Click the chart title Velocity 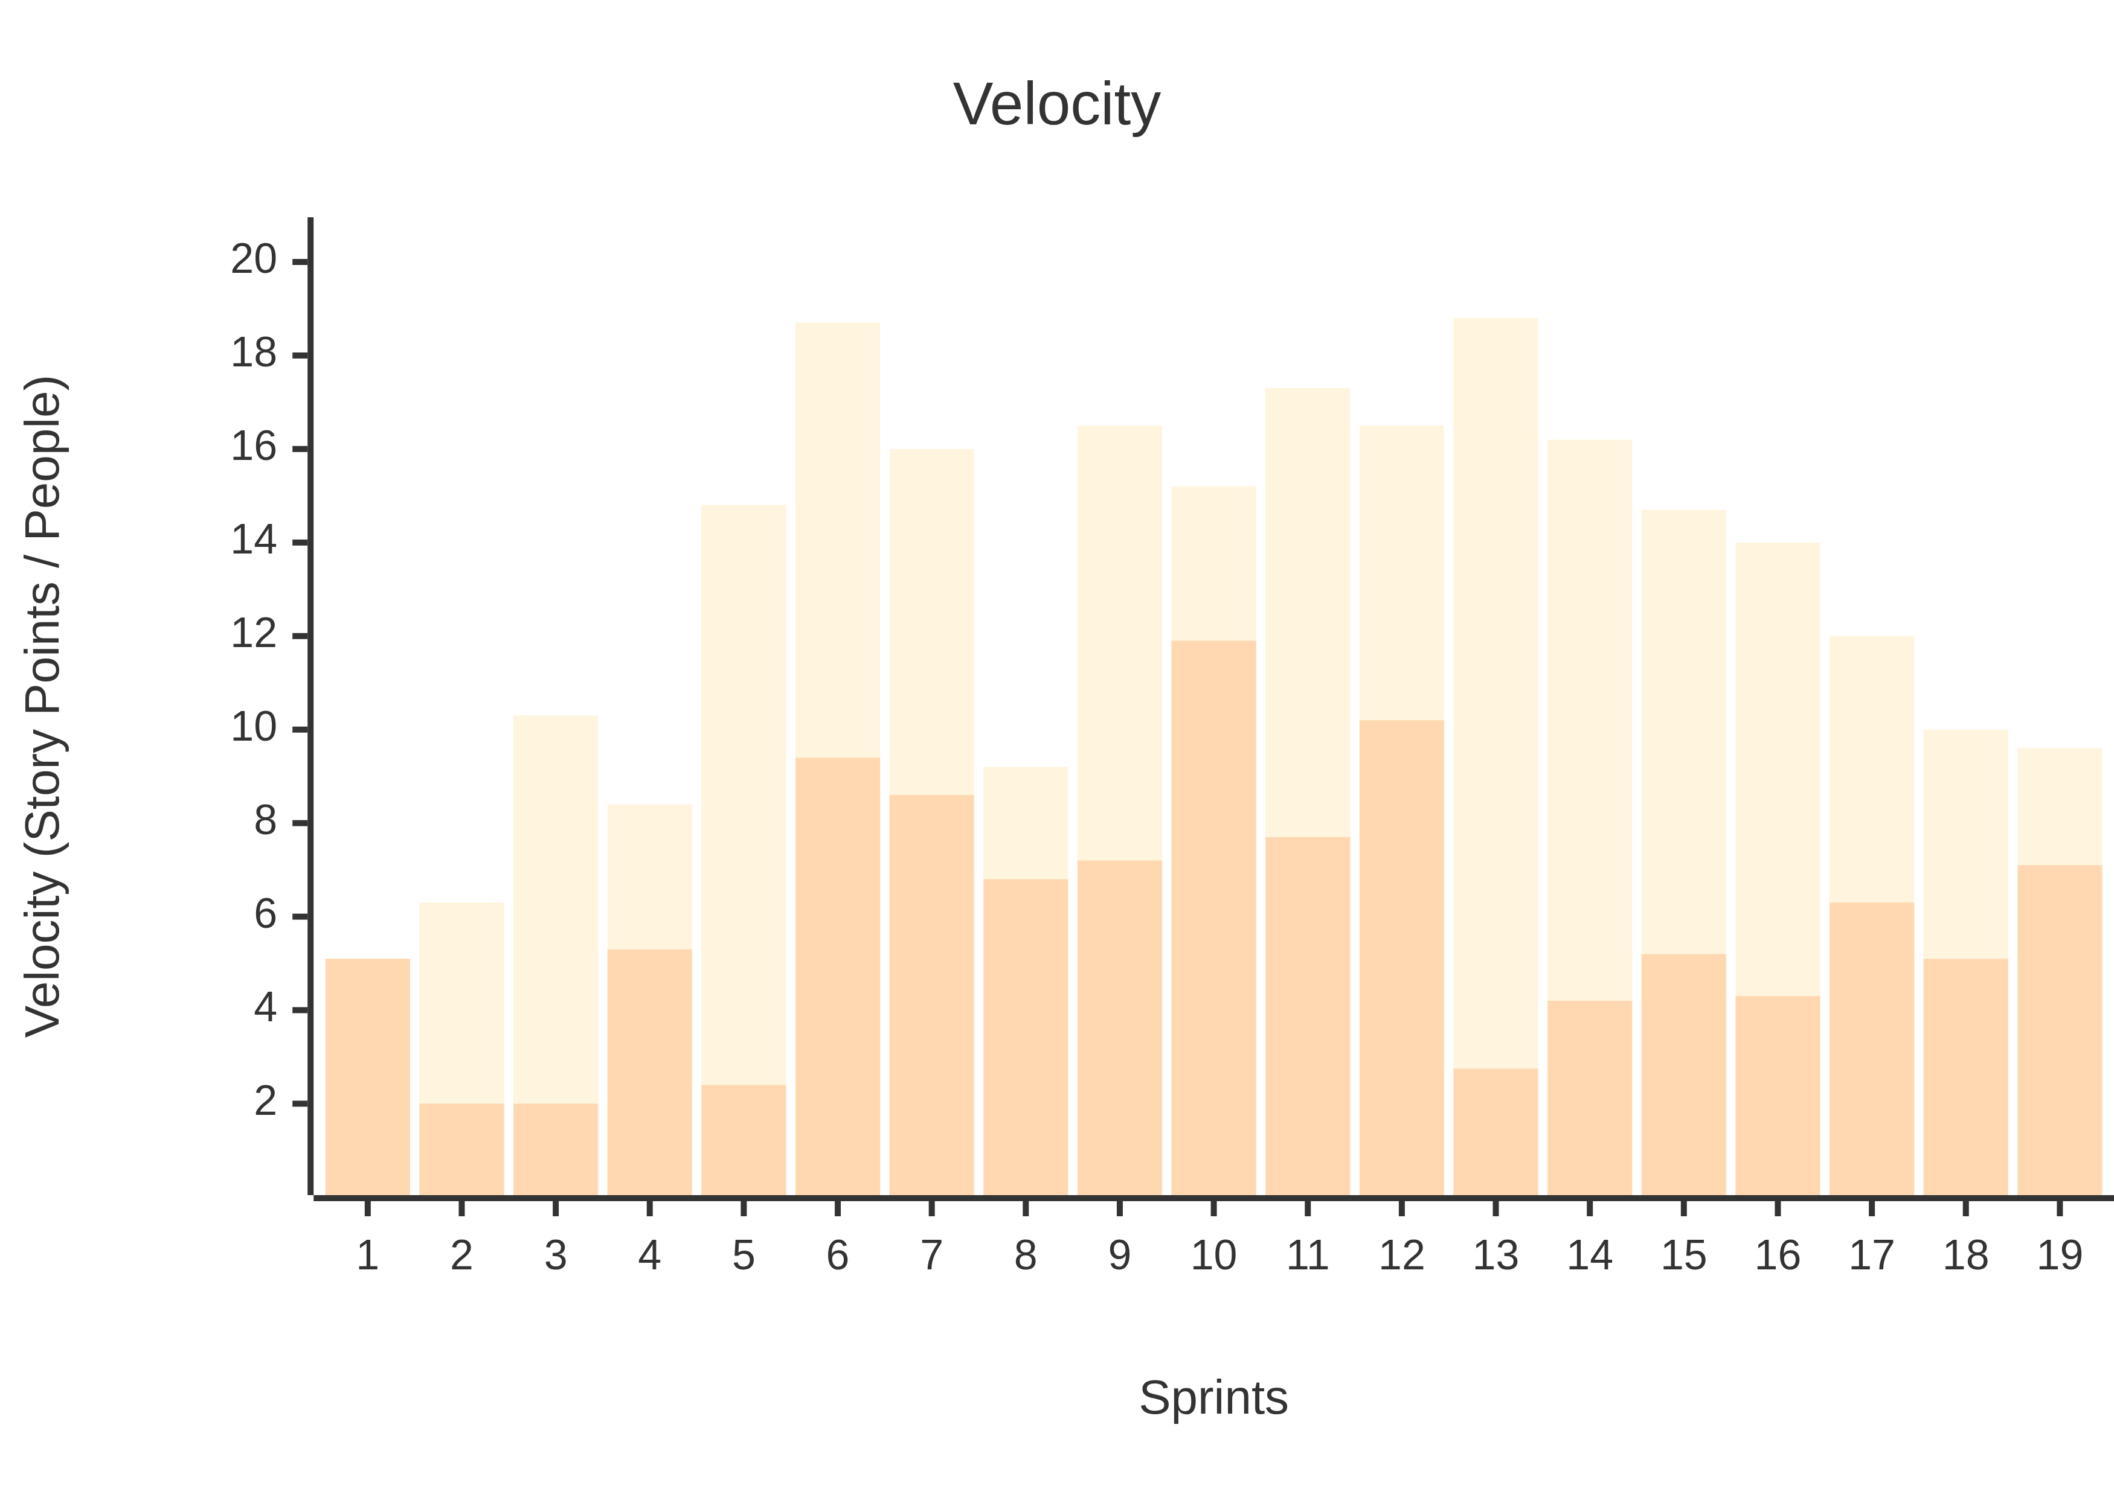(x=1057, y=105)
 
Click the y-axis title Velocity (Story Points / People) (x=43, y=706)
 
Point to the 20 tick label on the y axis (x=254, y=259)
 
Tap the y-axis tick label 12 (x=254, y=634)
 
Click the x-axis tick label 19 (x=2059, y=1255)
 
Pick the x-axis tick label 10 (x=1213, y=1255)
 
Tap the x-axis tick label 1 (x=367, y=1255)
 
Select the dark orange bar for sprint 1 (x=367, y=1077)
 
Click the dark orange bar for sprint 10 (x=1213, y=918)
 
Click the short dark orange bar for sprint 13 (x=1496, y=1132)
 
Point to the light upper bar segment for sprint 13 (x=1496, y=693)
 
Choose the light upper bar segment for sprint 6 (x=838, y=540)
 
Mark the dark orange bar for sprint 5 (x=744, y=1140)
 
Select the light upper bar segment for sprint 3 (x=556, y=909)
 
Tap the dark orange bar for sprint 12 (x=1402, y=958)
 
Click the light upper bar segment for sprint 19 (x=2059, y=806)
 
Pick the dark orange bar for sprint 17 (x=1871, y=1049)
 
